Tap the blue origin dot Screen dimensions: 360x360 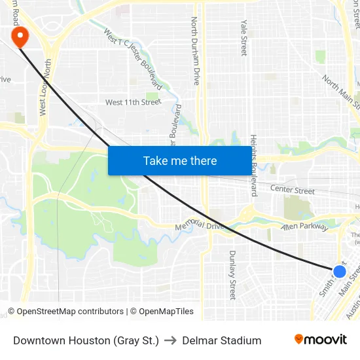point(339,271)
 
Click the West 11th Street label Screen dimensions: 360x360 point(133,102)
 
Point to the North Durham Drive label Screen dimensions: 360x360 point(195,51)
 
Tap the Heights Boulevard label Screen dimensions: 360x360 point(253,166)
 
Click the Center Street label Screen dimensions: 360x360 point(293,190)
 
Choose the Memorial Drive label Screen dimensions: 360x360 point(200,226)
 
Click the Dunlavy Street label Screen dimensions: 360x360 point(232,275)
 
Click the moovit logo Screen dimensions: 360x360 point(321,340)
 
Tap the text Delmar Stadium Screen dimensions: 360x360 point(222,340)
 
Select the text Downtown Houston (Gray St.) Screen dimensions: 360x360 point(86,340)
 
